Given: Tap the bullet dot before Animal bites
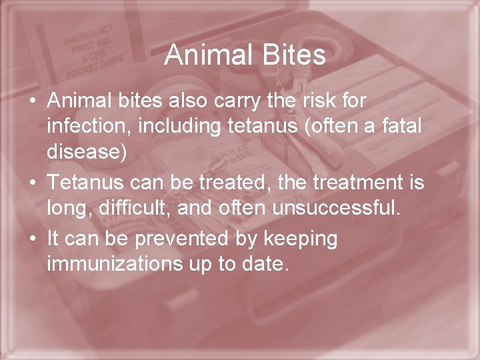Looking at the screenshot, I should pyautogui.click(x=32, y=102).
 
